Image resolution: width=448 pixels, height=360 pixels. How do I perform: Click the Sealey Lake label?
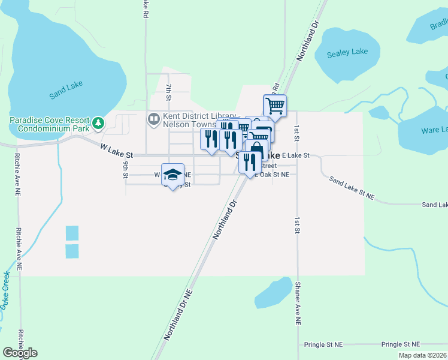point(347,52)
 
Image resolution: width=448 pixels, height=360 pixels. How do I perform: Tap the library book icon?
point(154,119)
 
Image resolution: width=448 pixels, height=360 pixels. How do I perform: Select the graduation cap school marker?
point(172,175)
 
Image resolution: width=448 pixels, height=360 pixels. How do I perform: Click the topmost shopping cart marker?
point(275,106)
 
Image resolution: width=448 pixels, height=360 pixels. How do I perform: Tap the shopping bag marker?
point(256,150)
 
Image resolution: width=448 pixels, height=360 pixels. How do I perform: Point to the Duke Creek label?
point(5,288)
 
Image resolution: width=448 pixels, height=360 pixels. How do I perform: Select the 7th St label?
point(169,92)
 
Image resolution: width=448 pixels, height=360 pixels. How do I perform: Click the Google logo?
point(20,353)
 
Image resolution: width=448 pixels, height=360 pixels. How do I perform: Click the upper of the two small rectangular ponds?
point(72,233)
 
